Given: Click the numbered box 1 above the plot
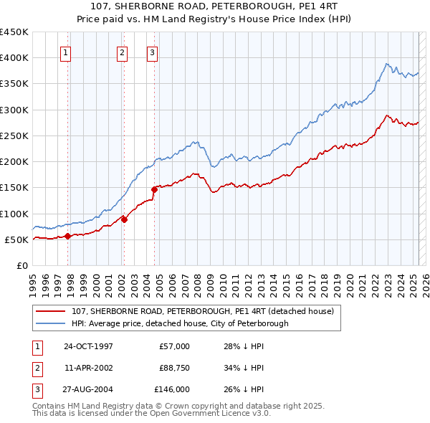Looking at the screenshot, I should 65,52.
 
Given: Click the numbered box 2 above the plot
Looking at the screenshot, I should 122,52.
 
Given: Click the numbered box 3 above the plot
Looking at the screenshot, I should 153,52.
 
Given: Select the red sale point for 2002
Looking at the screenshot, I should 124,219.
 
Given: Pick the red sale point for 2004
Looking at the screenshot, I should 154,189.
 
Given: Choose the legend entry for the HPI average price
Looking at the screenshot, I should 179,323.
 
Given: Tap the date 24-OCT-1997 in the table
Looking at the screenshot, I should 88,346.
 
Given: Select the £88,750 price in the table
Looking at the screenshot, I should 174,368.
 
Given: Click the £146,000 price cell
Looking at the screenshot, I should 173,389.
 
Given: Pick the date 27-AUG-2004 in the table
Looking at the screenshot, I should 88,389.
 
